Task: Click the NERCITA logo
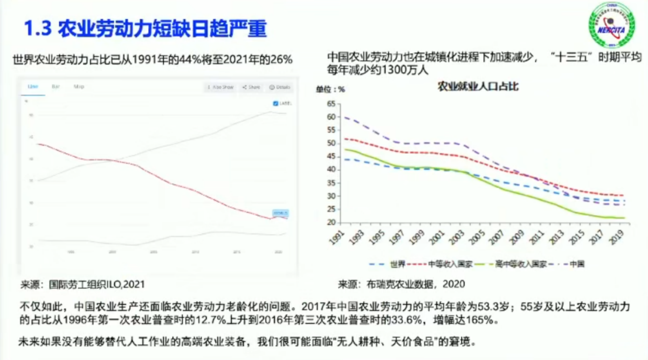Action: (611, 25)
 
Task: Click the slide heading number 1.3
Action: (38, 29)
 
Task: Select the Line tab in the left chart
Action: (33, 87)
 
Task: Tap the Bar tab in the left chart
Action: (56, 87)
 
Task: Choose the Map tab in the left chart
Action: (79, 87)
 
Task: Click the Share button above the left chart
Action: (251, 87)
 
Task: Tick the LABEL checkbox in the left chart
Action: (276, 103)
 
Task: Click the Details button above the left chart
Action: (280, 87)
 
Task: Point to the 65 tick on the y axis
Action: (331, 104)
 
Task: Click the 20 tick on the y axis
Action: (331, 222)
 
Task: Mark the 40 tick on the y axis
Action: (331, 170)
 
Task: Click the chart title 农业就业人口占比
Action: (478, 87)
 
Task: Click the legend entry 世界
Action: (397, 264)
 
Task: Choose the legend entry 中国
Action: (577, 264)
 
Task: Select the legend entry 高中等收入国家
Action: (521, 264)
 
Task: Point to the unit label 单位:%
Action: (330, 89)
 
